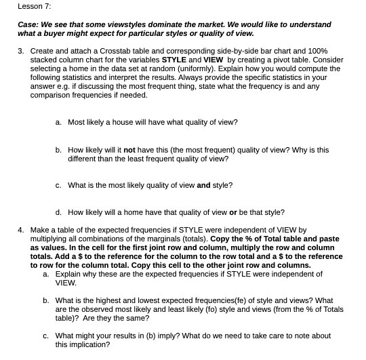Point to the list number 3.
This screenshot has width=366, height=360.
21,51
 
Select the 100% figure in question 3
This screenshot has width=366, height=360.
317,51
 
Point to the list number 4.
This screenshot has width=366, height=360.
21,230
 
